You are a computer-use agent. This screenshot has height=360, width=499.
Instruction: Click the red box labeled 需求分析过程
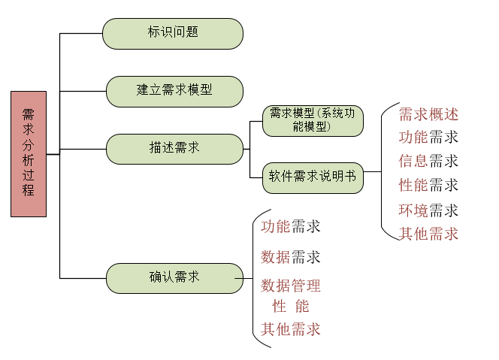tap(29, 154)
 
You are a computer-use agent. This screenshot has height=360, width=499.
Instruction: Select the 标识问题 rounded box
tap(173, 33)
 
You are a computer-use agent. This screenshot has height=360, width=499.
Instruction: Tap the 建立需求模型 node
tap(174, 92)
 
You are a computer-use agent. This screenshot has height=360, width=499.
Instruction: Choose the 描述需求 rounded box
tap(174, 149)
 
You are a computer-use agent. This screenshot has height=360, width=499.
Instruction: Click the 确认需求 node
tap(174, 278)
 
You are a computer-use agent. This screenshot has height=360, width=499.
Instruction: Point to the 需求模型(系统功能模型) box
tap(313, 121)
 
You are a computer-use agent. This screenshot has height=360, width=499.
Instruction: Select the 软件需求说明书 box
tap(313, 178)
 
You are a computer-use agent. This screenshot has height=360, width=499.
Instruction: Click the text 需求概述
tap(428, 114)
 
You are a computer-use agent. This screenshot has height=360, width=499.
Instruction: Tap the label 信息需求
tap(428, 161)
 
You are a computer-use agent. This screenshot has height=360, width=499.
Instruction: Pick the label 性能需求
tap(428, 185)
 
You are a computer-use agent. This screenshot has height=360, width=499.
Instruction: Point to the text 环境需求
tap(428, 210)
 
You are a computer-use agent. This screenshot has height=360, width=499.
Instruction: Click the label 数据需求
tap(291, 257)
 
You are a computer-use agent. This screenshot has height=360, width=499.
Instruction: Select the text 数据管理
tap(291, 286)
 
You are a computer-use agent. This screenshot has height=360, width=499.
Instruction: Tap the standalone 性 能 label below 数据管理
tap(291, 306)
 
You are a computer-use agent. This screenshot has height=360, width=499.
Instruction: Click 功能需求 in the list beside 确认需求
tap(291, 226)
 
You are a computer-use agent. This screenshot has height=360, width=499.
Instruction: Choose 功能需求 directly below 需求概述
tap(428, 138)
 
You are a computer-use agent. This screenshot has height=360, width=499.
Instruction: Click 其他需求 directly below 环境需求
tap(428, 234)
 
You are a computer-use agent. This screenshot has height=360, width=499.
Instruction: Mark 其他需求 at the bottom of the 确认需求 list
tap(291, 329)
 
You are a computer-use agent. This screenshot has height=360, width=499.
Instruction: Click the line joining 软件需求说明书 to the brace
tap(372, 172)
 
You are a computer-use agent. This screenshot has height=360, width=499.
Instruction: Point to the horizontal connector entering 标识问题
tap(81, 33)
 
